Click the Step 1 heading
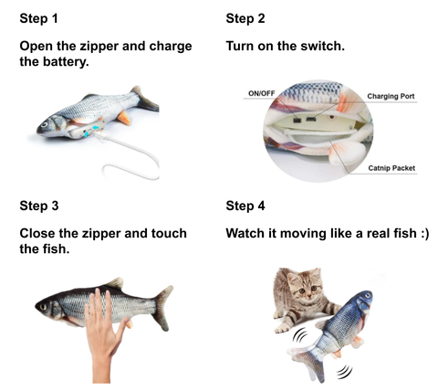[x=38, y=18]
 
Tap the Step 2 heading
[x=245, y=18]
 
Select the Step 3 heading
[x=39, y=206]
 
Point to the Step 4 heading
[x=245, y=206]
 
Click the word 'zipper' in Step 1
[x=99, y=47]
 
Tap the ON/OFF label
[x=261, y=93]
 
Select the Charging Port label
[x=391, y=96]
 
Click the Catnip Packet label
[x=391, y=168]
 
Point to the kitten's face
[x=307, y=287]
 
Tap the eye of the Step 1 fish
[x=45, y=124]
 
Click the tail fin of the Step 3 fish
[x=162, y=308]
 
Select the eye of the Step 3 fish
[x=43, y=306]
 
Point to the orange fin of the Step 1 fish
[x=124, y=118]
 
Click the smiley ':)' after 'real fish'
[x=424, y=234]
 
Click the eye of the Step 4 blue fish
[x=369, y=295]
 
